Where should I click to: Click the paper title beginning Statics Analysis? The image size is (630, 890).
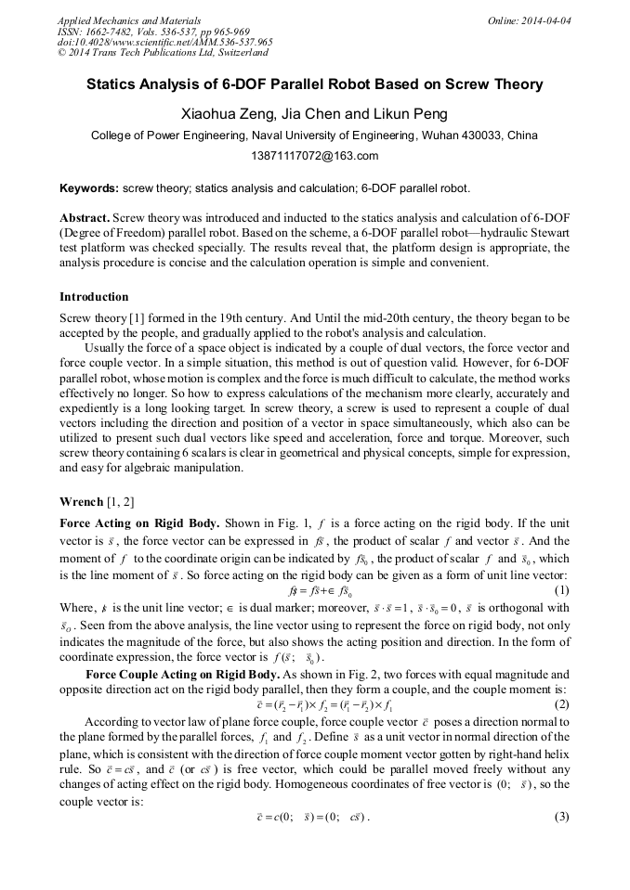pos(314,84)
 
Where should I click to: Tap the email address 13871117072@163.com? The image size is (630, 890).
pos(314,155)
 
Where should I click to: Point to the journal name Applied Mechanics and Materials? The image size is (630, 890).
pos(129,19)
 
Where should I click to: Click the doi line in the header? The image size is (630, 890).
pos(164,42)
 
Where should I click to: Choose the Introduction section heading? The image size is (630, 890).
pos(94,297)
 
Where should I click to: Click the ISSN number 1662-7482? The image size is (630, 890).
pos(107,31)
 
